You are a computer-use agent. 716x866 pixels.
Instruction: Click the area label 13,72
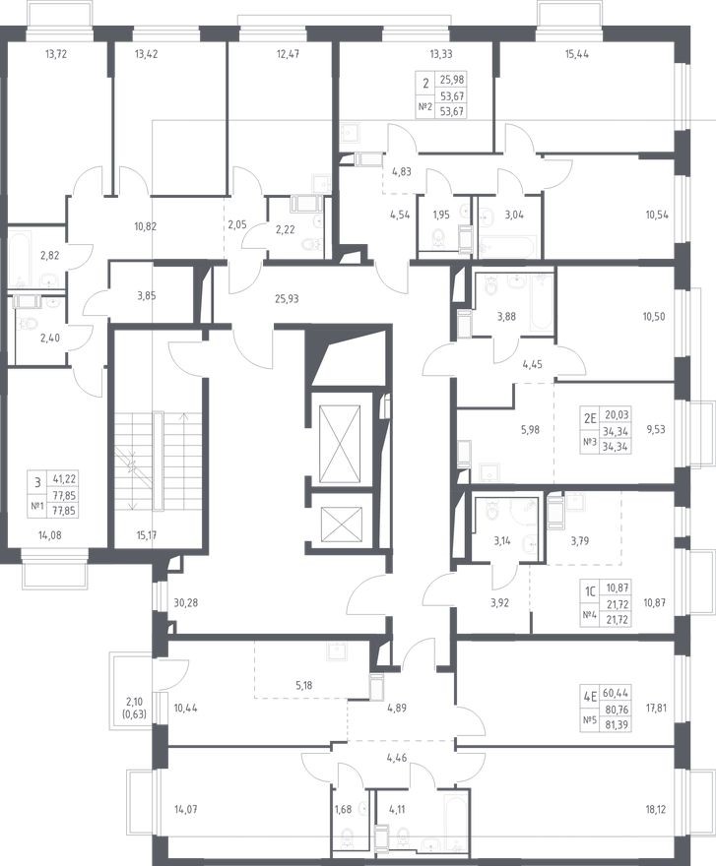coord(56,54)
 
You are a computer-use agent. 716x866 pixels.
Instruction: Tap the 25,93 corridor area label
coord(287,299)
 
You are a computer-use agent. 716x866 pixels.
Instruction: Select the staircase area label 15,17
coord(147,534)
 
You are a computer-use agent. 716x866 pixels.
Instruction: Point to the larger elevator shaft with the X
coord(340,445)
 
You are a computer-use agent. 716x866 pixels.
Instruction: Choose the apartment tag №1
coord(37,507)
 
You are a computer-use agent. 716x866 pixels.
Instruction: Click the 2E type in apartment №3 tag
coord(591,418)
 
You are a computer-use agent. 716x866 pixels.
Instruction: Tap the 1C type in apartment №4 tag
coord(591,592)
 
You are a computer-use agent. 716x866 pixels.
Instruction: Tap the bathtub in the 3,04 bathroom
coord(507,246)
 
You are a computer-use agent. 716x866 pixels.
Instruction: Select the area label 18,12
coord(655,810)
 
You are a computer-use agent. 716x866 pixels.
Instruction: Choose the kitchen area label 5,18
coord(304,685)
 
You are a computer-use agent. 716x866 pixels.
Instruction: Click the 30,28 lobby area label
coord(186,602)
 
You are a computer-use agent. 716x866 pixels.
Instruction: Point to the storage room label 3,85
coord(147,296)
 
